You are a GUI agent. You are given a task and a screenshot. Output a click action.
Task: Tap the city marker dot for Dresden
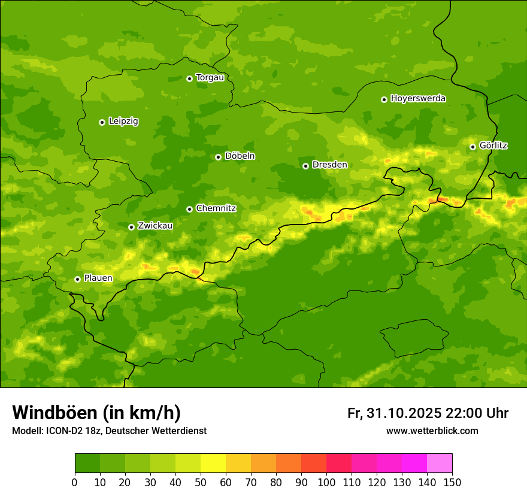click(305, 166)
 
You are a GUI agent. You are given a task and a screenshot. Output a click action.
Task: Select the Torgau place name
click(210, 78)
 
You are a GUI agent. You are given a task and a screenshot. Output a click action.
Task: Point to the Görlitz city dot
click(473, 147)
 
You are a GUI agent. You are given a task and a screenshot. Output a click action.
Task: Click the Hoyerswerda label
click(418, 99)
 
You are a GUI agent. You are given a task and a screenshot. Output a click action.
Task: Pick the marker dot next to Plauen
click(77, 279)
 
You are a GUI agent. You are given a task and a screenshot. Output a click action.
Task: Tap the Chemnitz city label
click(216, 208)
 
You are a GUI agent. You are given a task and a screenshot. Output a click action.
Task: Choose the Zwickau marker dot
click(131, 227)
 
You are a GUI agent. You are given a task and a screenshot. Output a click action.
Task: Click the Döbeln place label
click(240, 156)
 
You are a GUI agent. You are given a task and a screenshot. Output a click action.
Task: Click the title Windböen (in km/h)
click(96, 413)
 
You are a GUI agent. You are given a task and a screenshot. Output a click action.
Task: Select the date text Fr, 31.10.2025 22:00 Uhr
click(428, 413)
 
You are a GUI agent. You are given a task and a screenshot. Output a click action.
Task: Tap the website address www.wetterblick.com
click(432, 431)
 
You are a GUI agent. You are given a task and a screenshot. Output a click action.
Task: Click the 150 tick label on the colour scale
click(452, 482)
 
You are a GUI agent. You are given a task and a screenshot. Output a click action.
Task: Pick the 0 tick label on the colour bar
click(75, 482)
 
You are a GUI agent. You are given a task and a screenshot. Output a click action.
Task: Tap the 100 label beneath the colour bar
click(326, 482)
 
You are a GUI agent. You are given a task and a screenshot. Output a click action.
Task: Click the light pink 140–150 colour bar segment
click(440, 463)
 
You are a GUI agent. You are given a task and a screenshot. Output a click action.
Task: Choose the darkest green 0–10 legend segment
click(87, 463)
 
